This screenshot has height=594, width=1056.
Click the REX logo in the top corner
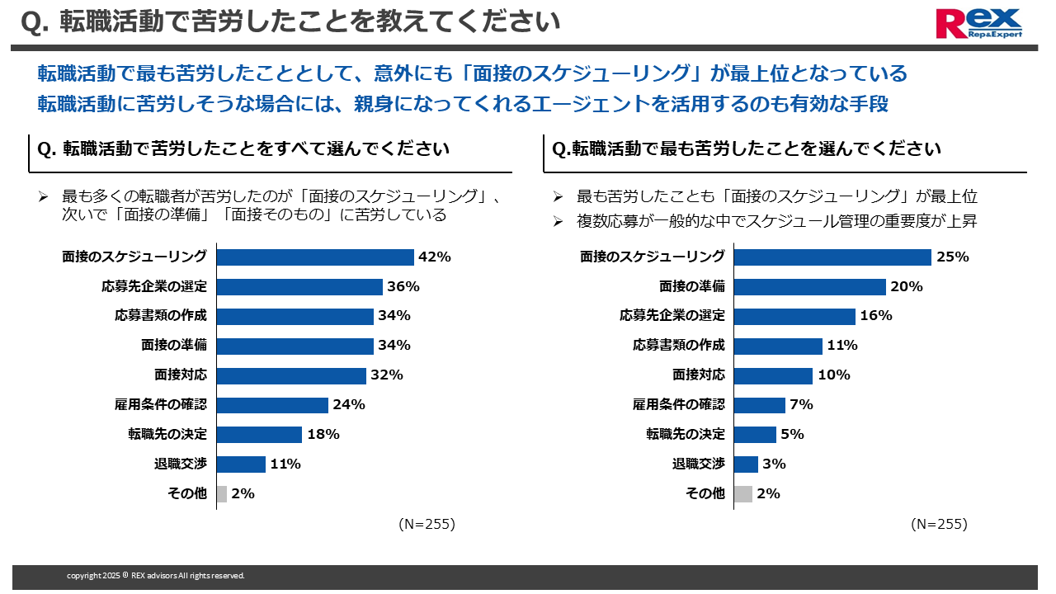coord(978,23)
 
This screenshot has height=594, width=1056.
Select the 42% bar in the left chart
coord(314,257)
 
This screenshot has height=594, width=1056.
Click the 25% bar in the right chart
coord(832,257)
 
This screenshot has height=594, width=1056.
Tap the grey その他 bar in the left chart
coord(221,494)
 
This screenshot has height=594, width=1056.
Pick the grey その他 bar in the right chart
coord(742,494)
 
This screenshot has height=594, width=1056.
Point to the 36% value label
coord(404,286)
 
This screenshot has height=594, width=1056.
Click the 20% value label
coord(907,286)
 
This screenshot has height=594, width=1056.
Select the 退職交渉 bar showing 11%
coord(241,464)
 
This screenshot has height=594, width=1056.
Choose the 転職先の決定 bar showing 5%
coord(755,435)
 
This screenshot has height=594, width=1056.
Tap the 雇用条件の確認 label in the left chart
coord(161,405)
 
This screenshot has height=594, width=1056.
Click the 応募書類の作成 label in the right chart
coord(679,346)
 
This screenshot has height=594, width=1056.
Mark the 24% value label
coord(349,405)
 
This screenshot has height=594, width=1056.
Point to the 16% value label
coord(876,316)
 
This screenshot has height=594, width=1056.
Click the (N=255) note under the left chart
coord(427,524)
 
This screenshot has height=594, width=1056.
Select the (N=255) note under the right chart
coord(939,524)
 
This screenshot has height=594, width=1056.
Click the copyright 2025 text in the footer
coord(156,576)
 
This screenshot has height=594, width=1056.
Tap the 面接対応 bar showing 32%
coord(291,375)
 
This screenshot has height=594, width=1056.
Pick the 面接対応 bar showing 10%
coord(773,375)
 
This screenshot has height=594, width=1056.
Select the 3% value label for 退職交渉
coord(774,464)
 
